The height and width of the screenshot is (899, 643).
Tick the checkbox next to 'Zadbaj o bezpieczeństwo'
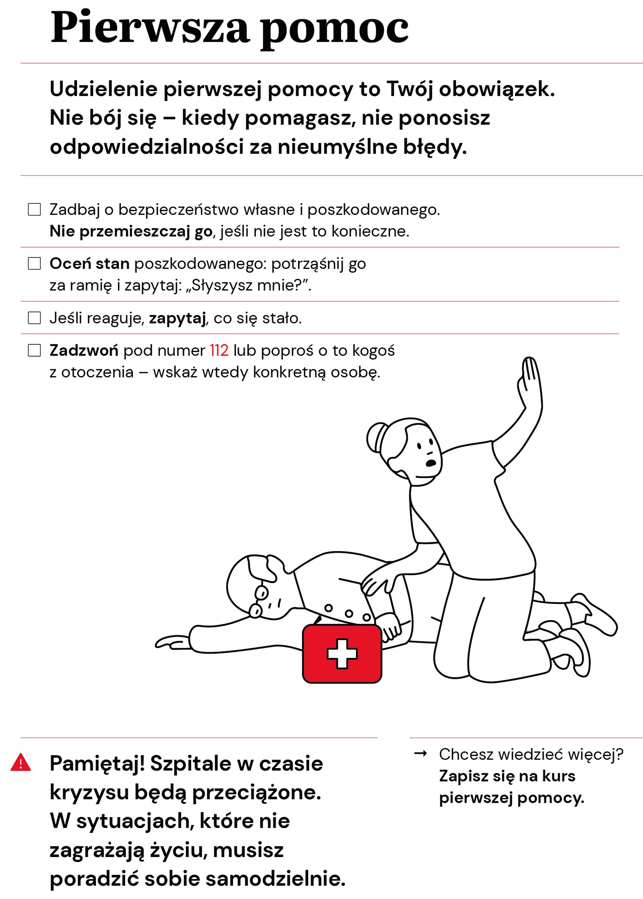pyautogui.click(x=34, y=209)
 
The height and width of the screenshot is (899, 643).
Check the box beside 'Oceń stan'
pyautogui.click(x=34, y=263)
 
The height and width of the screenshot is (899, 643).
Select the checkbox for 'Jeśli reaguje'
pyautogui.click(x=34, y=318)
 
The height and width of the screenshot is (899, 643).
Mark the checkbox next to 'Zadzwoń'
pyautogui.click(x=34, y=350)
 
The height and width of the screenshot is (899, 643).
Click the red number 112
pyautogui.click(x=219, y=351)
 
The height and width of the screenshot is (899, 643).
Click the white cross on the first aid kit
pyautogui.click(x=342, y=653)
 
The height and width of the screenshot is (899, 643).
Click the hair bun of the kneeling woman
pyautogui.click(x=376, y=437)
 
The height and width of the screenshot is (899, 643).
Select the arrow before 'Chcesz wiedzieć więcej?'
pyautogui.click(x=421, y=754)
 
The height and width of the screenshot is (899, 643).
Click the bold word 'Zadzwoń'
pyautogui.click(x=84, y=351)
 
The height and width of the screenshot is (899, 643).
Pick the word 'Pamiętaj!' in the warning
pyautogui.click(x=97, y=764)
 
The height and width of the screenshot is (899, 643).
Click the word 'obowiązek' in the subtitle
pyautogui.click(x=496, y=89)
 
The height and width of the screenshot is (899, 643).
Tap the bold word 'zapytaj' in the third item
pyautogui.click(x=177, y=318)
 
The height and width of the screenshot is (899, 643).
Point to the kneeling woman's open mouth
pyautogui.click(x=430, y=463)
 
